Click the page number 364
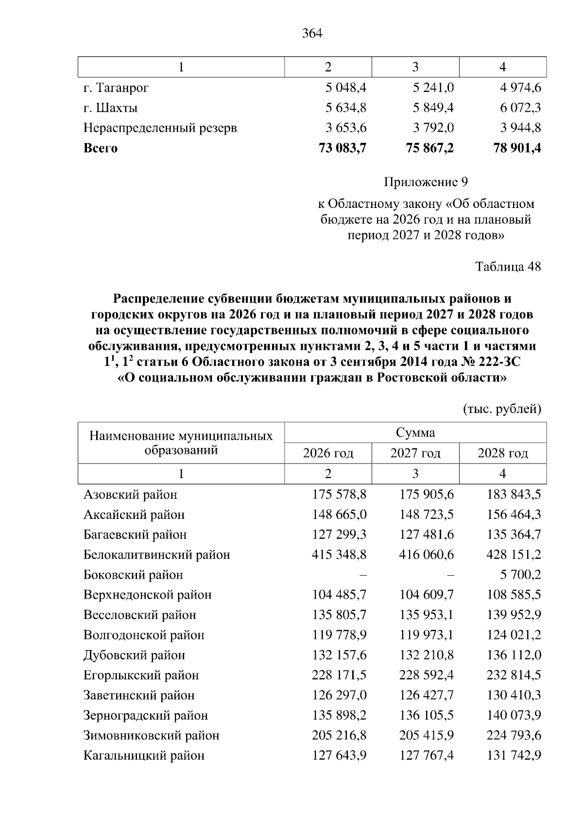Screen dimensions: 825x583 tap(312, 34)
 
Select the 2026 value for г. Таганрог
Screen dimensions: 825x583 tap(345, 88)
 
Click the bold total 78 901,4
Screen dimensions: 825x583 tap(517, 148)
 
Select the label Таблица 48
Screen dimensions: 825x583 tap(508, 267)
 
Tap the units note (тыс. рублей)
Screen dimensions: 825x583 tap(502, 409)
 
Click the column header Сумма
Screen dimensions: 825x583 tap(415, 432)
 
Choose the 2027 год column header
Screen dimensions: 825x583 tap(415, 453)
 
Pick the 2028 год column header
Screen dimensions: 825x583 tap(502, 453)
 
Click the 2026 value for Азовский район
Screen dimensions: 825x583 tap(339, 495)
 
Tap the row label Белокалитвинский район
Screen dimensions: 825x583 tap(156, 555)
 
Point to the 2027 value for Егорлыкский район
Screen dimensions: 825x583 tap(427, 675)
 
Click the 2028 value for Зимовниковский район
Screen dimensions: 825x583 tap(514, 736)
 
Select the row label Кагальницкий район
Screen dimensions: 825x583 tap(144, 756)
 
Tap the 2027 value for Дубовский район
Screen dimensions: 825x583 tap(427, 655)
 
